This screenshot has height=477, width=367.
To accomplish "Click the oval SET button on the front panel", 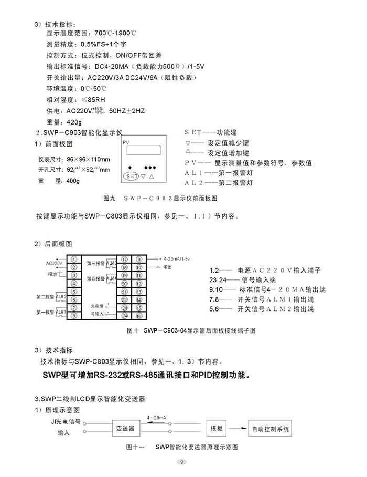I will (x=132, y=177).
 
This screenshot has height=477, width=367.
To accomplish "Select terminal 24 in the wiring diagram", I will (x=124, y=315).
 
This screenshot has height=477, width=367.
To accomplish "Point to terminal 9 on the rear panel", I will (x=138, y=258).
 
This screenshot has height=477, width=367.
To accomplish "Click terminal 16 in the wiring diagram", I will (x=138, y=315).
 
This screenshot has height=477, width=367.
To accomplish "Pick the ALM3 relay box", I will (x=112, y=263).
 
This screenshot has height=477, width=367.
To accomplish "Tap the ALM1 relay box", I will (x=61, y=312).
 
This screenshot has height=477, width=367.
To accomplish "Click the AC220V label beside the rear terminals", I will (x=54, y=263).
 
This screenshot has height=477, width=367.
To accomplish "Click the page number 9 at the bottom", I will (x=181, y=462).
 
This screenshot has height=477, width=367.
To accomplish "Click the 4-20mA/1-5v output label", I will (x=178, y=258).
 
